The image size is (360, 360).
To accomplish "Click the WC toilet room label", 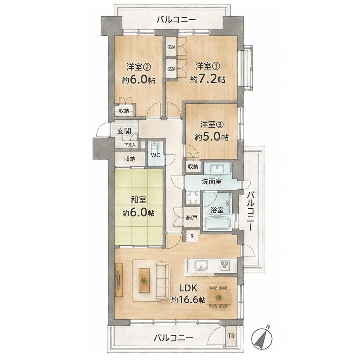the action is [x=155, y=155].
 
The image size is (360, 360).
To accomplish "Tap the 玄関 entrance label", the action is [x=124, y=132].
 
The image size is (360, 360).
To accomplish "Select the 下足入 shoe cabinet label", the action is [x=130, y=145].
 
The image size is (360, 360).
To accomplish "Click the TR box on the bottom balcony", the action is [x=231, y=336].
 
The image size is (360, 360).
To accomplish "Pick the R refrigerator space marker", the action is [x=192, y=236].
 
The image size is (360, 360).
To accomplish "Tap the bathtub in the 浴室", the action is [x=217, y=223].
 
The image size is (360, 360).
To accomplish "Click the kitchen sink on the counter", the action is [x=201, y=266].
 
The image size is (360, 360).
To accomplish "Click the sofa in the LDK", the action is [x=163, y=281].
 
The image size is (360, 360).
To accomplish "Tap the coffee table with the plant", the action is [x=144, y=280].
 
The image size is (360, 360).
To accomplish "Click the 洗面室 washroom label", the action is [x=212, y=182].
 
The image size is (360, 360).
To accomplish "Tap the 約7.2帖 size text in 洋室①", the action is [x=207, y=80].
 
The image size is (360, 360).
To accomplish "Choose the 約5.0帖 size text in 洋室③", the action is [x=211, y=137].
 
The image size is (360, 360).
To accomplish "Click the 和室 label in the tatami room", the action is [x=139, y=200].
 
